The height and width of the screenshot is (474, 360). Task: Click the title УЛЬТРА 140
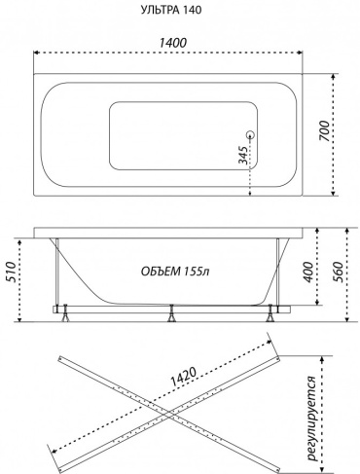[x=171, y=10]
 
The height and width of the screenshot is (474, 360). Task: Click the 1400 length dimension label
[x=172, y=43]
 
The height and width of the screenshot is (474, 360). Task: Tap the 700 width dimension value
[x=323, y=130]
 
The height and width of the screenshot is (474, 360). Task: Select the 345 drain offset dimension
[x=244, y=155]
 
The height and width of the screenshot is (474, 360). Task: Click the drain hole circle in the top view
[x=250, y=134]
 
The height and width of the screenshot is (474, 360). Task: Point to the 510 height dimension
[x=11, y=272]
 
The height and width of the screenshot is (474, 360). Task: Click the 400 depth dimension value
[x=308, y=271]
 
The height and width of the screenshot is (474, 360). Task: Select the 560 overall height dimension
[x=338, y=271]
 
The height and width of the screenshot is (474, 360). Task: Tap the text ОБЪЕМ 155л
[x=175, y=271]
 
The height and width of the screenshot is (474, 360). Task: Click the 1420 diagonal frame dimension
[x=184, y=377]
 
